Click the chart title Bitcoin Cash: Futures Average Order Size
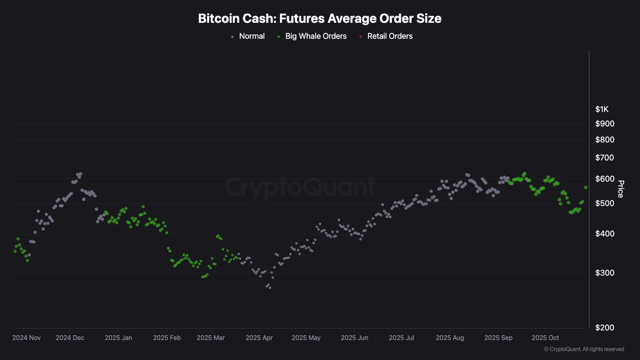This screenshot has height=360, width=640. pyautogui.click(x=320, y=18)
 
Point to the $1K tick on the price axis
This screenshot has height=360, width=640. pyautogui.click(x=602, y=110)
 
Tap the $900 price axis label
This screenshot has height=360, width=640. pyautogui.click(x=604, y=124)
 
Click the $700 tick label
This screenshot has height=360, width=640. pyautogui.click(x=604, y=158)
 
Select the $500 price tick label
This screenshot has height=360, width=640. pyautogui.click(x=604, y=204)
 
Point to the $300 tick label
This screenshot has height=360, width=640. pyautogui.click(x=604, y=273)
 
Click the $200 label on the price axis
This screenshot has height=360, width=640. pyautogui.click(x=604, y=328)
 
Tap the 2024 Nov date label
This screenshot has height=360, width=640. pyautogui.click(x=26, y=338)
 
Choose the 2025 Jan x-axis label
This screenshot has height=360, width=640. pyautogui.click(x=118, y=338)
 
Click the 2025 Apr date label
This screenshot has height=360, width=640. pyautogui.click(x=259, y=338)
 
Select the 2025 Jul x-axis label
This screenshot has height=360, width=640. pyautogui.click(x=401, y=338)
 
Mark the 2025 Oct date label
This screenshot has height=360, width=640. pyautogui.click(x=545, y=338)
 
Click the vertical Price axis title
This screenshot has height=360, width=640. pyautogui.click(x=620, y=189)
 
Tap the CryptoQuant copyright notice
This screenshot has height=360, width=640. pyautogui.click(x=584, y=349)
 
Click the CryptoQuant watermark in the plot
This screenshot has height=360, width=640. pyautogui.click(x=300, y=187)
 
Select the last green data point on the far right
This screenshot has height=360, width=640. pyautogui.click(x=586, y=188)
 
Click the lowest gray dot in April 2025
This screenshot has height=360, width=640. pyautogui.click(x=270, y=288)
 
